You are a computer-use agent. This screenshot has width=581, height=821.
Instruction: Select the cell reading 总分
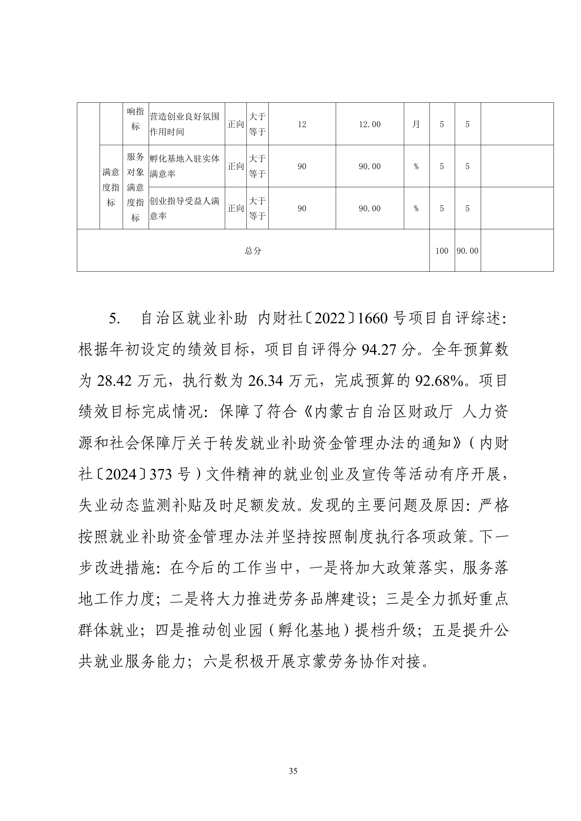pyautogui.click(x=253, y=251)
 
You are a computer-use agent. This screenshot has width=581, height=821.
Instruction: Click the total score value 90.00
pyautogui.click(x=468, y=251)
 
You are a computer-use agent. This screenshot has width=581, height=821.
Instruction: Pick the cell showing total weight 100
pyautogui.click(x=442, y=251)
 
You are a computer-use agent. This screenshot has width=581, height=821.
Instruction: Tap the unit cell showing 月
pyautogui.click(x=416, y=124)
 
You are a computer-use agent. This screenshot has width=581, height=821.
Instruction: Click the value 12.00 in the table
pyautogui.click(x=369, y=124)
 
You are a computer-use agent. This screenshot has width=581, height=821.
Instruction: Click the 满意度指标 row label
pyautogui.click(x=111, y=187)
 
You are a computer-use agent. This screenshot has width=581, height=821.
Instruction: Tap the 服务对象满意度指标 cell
pyautogui.click(x=135, y=187)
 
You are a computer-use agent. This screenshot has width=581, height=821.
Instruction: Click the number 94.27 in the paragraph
pyautogui.click(x=379, y=350)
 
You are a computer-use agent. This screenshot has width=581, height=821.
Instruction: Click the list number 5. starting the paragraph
pyautogui.click(x=115, y=319)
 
